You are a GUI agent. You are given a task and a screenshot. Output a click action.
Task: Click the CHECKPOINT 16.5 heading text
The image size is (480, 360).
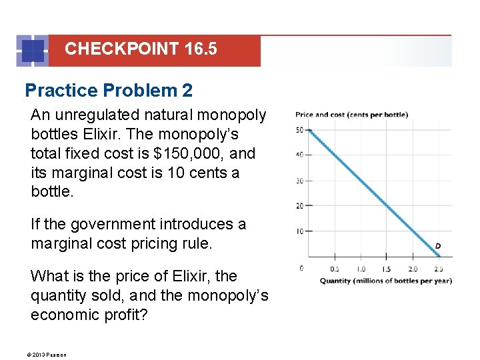coord(141,49)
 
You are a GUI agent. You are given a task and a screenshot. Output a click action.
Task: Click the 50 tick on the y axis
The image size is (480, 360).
coord(299,129)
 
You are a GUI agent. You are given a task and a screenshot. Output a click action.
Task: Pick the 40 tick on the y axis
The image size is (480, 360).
coord(299,155)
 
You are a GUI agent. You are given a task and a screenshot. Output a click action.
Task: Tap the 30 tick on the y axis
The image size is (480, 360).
coord(299,181)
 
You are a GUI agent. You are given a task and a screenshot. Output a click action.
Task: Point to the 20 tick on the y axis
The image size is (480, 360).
coord(299,206)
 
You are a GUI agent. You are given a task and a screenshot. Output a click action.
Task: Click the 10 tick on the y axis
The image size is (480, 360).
coord(299,231)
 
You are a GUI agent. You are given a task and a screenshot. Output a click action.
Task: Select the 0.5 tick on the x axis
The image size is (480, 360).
coord(334,269)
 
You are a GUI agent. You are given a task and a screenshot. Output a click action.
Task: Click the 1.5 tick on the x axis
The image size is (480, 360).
coord(386,269)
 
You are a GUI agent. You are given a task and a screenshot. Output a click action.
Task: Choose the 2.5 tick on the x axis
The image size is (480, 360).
coord(438,269)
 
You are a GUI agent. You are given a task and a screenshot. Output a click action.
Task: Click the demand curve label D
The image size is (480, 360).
coord(438,247)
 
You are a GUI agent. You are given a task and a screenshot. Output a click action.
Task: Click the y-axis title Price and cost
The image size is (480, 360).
coord(351,115)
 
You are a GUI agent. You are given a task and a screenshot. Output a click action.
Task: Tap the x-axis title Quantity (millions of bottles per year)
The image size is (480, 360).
coord(385,281)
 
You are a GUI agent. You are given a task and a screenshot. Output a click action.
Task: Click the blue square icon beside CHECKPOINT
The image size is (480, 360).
coord(33,51)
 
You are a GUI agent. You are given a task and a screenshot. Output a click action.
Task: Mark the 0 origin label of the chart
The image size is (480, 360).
coord(301,268)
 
